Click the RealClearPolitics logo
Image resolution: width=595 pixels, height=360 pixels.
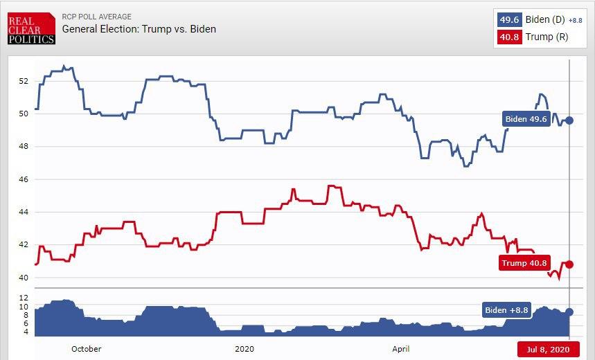point(31,30)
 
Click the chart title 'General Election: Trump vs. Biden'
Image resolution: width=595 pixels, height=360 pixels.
point(139,29)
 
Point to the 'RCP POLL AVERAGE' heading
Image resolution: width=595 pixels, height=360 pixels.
point(97,17)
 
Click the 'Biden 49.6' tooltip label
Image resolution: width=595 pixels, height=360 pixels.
point(526,120)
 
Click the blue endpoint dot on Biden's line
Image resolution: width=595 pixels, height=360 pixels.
point(569,120)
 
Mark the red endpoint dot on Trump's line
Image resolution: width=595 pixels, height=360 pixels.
point(569,264)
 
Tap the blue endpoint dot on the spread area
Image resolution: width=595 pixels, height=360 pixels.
point(569,312)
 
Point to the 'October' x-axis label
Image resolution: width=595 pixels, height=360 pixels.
point(86,349)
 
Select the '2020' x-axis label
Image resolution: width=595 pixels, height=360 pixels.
point(245,349)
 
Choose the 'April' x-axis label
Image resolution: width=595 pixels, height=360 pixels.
point(400,349)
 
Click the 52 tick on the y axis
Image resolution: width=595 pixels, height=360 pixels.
point(24,81)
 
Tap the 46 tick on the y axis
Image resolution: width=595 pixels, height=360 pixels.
point(24,179)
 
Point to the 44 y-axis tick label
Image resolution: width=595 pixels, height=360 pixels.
point(24,212)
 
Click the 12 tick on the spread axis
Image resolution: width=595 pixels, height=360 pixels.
point(24,297)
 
